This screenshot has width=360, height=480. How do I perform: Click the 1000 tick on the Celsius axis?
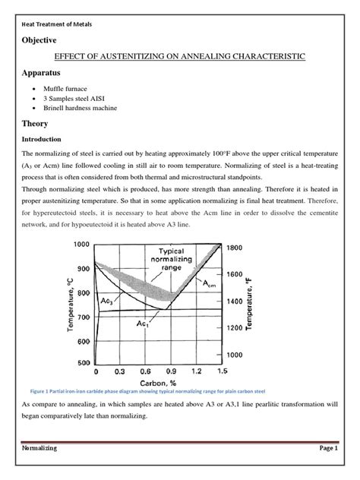81,245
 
